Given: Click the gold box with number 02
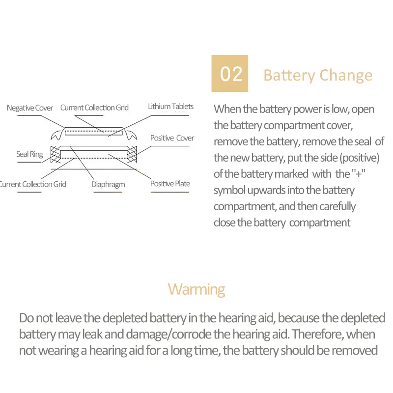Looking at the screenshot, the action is point(229,74).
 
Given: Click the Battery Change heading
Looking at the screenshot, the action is point(318,76).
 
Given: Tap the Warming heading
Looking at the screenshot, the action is point(196,289).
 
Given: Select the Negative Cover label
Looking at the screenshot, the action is point(30,108).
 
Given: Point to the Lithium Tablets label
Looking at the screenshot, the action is point(170,107).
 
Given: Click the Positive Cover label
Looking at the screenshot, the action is point(172,138).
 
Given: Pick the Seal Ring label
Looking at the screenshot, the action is point(29,154).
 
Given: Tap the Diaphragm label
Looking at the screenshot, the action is point(108,185).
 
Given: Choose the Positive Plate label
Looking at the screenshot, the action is point(170,184).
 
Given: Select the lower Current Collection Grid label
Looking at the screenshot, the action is point(32,184).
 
